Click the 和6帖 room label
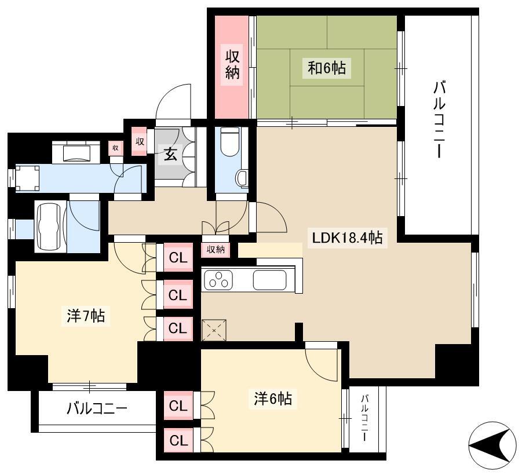(x=327, y=68)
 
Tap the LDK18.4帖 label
(x=347, y=237)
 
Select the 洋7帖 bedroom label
(x=86, y=316)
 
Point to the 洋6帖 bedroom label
(x=273, y=398)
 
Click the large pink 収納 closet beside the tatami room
(x=232, y=67)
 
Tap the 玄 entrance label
(x=170, y=154)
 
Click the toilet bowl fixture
(x=230, y=142)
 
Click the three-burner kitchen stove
(x=218, y=280)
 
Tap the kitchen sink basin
(x=269, y=280)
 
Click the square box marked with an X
(x=214, y=330)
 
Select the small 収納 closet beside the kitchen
(x=216, y=250)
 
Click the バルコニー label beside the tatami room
(x=439, y=119)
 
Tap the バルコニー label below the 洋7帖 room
(x=97, y=408)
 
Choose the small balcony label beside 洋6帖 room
(x=366, y=418)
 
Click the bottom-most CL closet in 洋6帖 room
(x=178, y=441)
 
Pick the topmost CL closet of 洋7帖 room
(x=178, y=258)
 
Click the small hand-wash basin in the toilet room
(x=242, y=178)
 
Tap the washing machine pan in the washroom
(x=28, y=178)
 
